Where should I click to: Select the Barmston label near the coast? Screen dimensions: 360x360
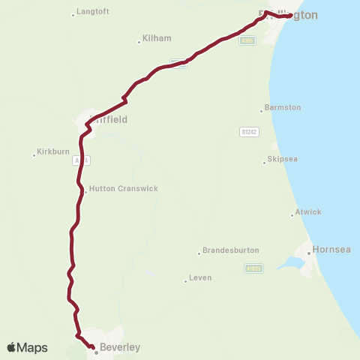click(x=283, y=107)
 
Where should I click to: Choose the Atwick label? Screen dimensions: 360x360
click(x=308, y=212)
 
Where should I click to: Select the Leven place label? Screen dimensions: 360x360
click(x=200, y=277)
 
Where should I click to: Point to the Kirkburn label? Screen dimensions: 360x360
click(x=52, y=151)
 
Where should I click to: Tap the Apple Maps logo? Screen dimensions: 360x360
click(x=27, y=347)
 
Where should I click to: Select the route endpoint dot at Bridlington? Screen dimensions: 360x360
click(x=289, y=16)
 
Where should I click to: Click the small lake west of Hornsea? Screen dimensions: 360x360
click(x=287, y=263)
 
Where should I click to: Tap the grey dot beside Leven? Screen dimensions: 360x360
click(x=185, y=281)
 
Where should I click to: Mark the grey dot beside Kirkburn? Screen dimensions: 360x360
click(x=34, y=155)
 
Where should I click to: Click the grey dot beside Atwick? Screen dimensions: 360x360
click(x=292, y=215)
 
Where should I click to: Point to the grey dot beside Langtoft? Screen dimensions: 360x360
click(x=73, y=15)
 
